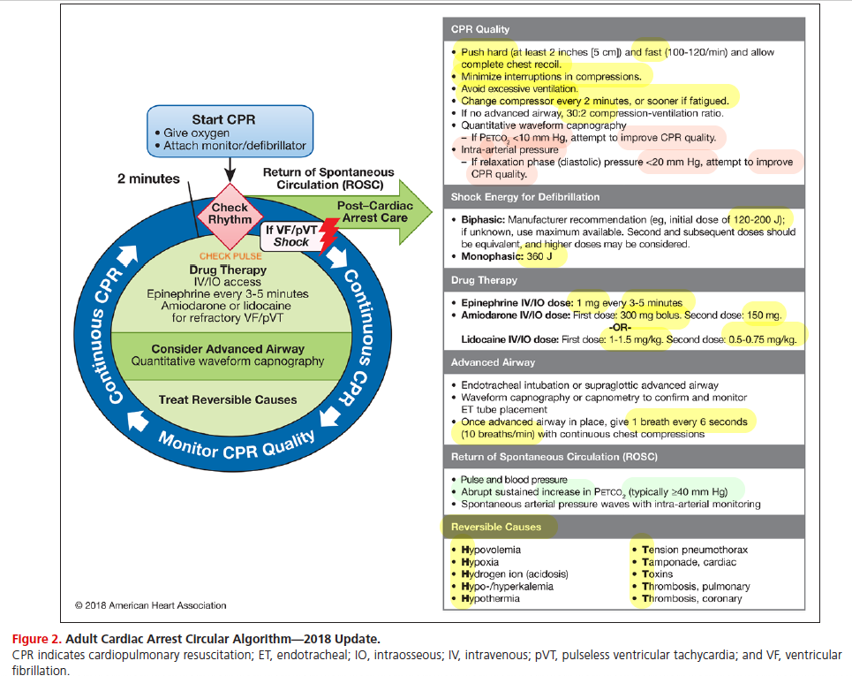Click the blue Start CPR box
pyautogui.click(x=230, y=131)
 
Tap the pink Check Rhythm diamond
pyautogui.click(x=230, y=216)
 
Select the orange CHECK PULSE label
pyautogui.click(x=230, y=256)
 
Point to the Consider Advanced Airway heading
pyautogui.click(x=228, y=349)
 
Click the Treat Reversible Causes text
pyautogui.click(x=228, y=399)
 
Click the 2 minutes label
pyautogui.click(x=148, y=178)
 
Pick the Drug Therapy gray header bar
pyautogui.click(x=624, y=280)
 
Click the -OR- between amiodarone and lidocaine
pyautogui.click(x=620, y=327)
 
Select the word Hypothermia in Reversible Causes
pyautogui.click(x=490, y=599)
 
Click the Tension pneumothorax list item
pyautogui.click(x=695, y=550)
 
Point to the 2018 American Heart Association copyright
pyautogui.click(x=150, y=605)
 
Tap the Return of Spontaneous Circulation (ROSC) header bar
pyautogui.click(x=624, y=457)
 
